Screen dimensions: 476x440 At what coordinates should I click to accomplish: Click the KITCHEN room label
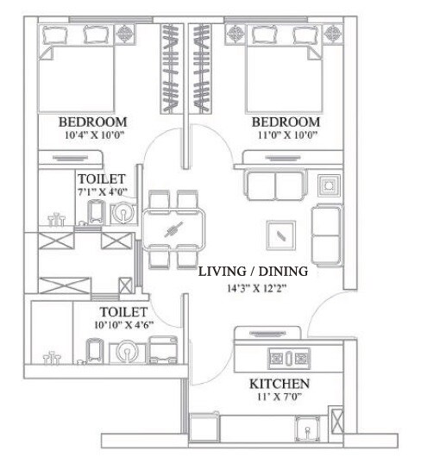pyautogui.click(x=280, y=383)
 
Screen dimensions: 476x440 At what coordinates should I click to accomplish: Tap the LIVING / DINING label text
pyautogui.click(x=252, y=272)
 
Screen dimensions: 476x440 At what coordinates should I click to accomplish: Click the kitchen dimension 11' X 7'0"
pyautogui.click(x=280, y=398)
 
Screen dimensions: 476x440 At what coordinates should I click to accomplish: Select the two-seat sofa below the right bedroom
pyautogui.click(x=273, y=185)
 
